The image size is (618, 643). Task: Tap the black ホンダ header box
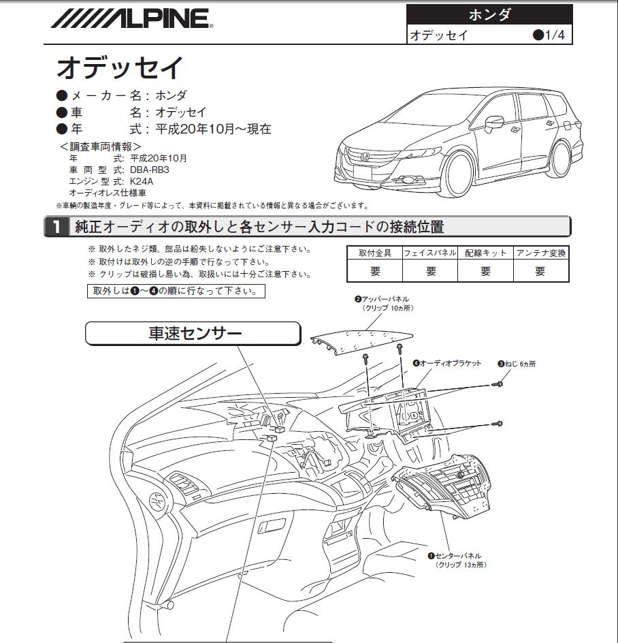[489, 15]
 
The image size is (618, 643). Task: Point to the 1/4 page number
[549, 35]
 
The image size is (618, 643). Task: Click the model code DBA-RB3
[150, 170]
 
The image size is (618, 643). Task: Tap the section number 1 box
[56, 226]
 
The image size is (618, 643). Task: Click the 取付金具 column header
[375, 253]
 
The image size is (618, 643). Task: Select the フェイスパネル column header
[430, 253]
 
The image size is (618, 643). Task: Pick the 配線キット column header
[485, 253]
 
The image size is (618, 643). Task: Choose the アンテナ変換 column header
[540, 253]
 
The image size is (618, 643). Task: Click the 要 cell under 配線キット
[485, 271]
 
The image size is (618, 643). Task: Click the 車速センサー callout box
[193, 333]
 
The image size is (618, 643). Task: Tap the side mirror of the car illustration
[494, 122]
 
